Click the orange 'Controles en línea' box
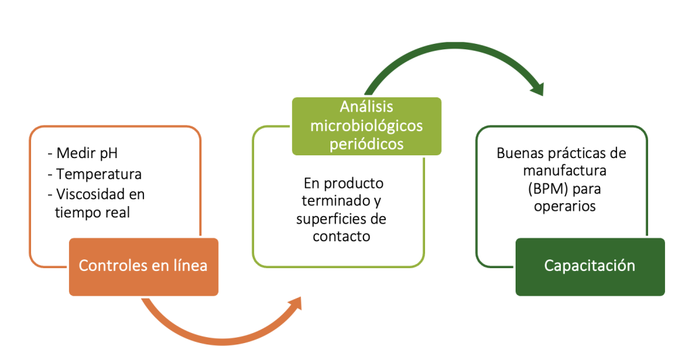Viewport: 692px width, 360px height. coord(143,267)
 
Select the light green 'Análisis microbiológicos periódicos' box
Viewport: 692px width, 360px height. coord(366,126)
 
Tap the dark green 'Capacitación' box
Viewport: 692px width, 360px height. coord(590,267)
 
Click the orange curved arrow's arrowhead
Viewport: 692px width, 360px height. coord(295,304)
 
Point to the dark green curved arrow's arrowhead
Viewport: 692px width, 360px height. coord(537,88)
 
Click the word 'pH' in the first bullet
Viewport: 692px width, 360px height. coord(109,153)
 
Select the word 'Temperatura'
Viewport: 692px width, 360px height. coord(99,174)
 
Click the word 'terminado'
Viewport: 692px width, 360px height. coord(336,201)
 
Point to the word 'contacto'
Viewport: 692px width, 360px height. coord(341,236)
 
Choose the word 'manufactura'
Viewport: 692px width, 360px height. coord(564,171)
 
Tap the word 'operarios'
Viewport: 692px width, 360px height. coord(564,207)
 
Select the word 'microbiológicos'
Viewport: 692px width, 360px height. coord(366,126)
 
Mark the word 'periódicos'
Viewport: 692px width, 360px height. coord(366,145)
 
